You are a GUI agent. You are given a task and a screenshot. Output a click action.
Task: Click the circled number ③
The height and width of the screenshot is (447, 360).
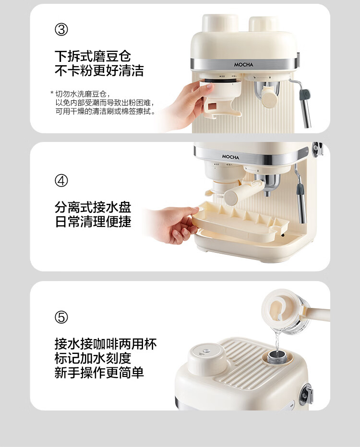(61, 29)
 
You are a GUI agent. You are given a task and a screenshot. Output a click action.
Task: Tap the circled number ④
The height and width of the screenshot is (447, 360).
(61, 180)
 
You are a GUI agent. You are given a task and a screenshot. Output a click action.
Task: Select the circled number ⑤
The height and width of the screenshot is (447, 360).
(61, 317)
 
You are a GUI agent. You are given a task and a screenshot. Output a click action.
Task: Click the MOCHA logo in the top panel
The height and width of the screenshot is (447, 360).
(243, 65)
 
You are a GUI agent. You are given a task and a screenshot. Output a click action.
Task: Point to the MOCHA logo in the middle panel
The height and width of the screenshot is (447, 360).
(230, 157)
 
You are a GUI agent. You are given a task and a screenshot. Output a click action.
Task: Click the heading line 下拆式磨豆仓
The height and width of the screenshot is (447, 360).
(93, 56)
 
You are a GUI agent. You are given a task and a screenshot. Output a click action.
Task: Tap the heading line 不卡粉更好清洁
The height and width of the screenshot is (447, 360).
(99, 71)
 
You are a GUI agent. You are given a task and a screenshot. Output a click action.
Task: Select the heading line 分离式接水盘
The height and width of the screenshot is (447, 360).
(93, 207)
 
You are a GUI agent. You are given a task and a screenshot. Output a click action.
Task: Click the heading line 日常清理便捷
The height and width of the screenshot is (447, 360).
(93, 222)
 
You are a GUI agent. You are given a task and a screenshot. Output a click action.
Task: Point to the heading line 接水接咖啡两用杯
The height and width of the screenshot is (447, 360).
(106, 344)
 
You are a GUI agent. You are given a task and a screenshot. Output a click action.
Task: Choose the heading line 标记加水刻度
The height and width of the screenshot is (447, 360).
(93, 358)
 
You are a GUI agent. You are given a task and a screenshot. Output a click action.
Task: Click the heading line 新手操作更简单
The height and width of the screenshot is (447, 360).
(99, 373)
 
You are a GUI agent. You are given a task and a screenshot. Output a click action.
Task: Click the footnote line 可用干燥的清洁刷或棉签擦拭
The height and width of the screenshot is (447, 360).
(106, 111)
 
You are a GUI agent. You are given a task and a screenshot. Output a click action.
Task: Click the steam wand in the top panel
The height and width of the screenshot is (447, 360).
(301, 102)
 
